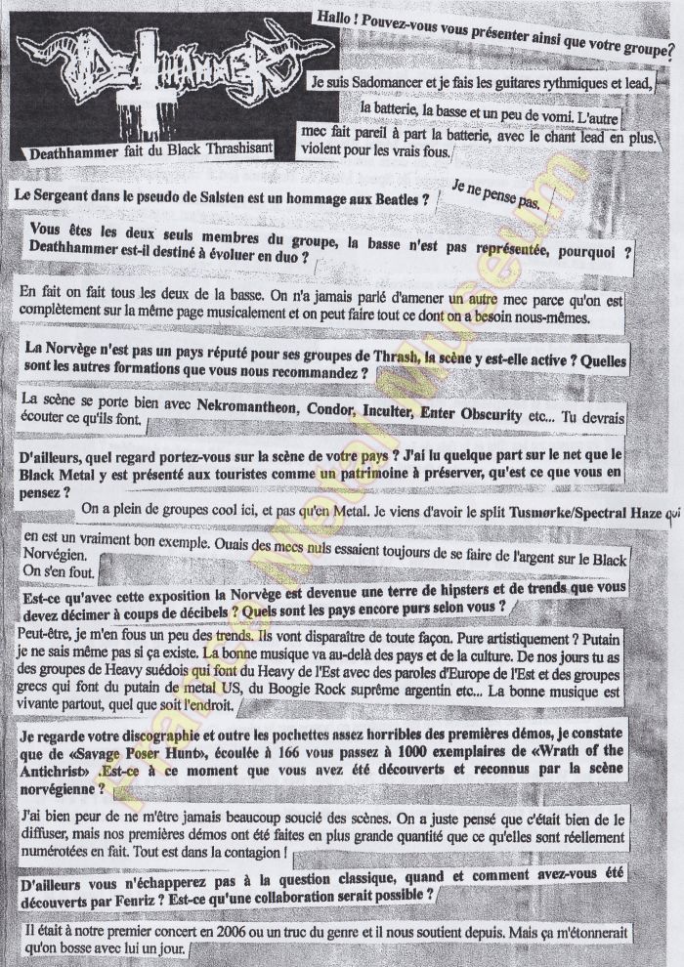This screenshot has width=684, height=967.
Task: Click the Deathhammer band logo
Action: [x=172, y=75]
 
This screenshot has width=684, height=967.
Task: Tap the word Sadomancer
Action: [x=391, y=84]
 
